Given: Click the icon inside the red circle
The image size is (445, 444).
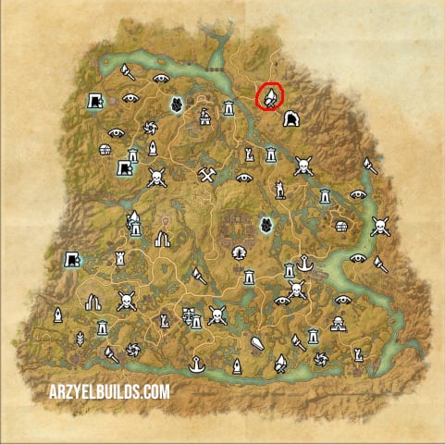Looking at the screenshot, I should pyautogui.click(x=270, y=96).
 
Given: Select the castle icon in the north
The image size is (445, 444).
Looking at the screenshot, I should pyautogui.click(x=204, y=116).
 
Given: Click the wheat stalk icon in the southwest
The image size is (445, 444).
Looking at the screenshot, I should pyautogui.click(x=79, y=337).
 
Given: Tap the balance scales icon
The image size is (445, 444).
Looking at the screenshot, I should pyautogui.click(x=194, y=318).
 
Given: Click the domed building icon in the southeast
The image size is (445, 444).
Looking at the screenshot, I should pyautogui.click(x=339, y=324).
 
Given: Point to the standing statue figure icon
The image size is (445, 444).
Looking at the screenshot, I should pyautogui.click(x=278, y=189).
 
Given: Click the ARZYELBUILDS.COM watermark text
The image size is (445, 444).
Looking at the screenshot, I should pyautogui.click(x=110, y=391).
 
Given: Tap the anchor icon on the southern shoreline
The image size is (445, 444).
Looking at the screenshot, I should pyautogui.click(x=195, y=364).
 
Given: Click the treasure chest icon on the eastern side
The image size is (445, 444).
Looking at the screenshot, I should pyautogui.click(x=342, y=227).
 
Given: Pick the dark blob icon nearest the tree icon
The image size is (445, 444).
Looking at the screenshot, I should pyautogui.click(x=266, y=225).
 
